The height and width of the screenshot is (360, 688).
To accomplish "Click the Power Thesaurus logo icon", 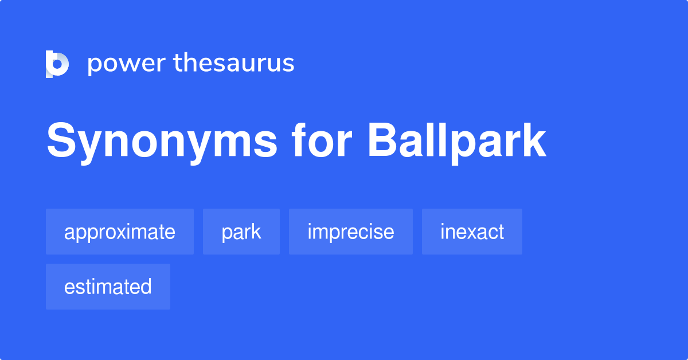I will pos(57,64).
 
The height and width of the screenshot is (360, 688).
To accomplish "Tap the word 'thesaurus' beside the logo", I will pos(234,63).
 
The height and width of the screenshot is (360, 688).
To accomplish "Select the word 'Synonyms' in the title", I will pos(162,142).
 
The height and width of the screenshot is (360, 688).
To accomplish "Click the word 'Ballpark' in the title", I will pos(457,142).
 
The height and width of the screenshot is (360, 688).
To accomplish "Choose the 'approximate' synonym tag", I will pos(120,232).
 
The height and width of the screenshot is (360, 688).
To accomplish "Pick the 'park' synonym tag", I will pos(241,232).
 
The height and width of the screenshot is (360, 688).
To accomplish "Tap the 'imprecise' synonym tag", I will pos(351,232).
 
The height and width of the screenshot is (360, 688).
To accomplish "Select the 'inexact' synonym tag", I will pos(472,232).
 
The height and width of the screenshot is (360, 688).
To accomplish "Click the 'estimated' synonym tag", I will pos(108,287).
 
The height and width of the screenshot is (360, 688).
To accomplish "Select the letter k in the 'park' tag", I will pos(256,232).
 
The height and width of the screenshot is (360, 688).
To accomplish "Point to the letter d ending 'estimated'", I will pos(146,287).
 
